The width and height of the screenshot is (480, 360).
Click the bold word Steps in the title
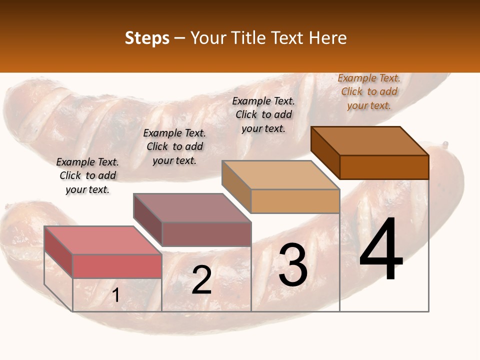tap(147, 38)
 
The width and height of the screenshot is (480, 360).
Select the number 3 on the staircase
tap(292, 265)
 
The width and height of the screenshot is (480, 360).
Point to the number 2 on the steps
tap(201, 280)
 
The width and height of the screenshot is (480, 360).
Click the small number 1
tap(115, 295)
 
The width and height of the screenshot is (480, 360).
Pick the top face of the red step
tap(103, 240)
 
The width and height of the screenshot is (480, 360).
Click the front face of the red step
tap(117, 266)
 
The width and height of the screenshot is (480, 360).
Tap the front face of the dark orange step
tap(384, 167)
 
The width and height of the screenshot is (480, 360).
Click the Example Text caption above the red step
tap(87, 175)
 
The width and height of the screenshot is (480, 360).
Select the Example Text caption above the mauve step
tap(174, 146)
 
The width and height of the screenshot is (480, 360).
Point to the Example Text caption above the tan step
tap(263, 114)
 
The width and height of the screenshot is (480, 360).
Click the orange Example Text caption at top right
tap(369, 91)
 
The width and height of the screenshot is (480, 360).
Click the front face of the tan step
tap(295, 201)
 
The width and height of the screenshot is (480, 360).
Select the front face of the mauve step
tap(206, 234)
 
